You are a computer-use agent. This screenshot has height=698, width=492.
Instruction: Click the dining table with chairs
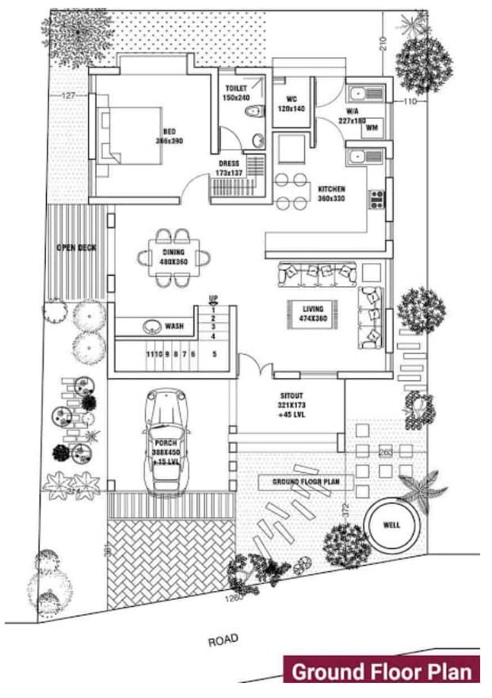pos(173,257)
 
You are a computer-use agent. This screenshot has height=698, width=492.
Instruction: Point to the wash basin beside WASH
pos(151,326)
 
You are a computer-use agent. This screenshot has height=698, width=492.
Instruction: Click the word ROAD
pos(224,639)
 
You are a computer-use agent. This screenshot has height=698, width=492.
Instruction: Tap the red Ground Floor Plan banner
pos(382,671)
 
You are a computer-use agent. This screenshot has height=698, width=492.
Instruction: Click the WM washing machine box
pos(372,127)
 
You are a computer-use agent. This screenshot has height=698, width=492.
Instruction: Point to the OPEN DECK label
pos(76,248)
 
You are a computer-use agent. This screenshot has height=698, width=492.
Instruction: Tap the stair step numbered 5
pos(215,353)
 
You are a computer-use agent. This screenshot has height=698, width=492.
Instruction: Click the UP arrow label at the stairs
pos(212,298)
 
